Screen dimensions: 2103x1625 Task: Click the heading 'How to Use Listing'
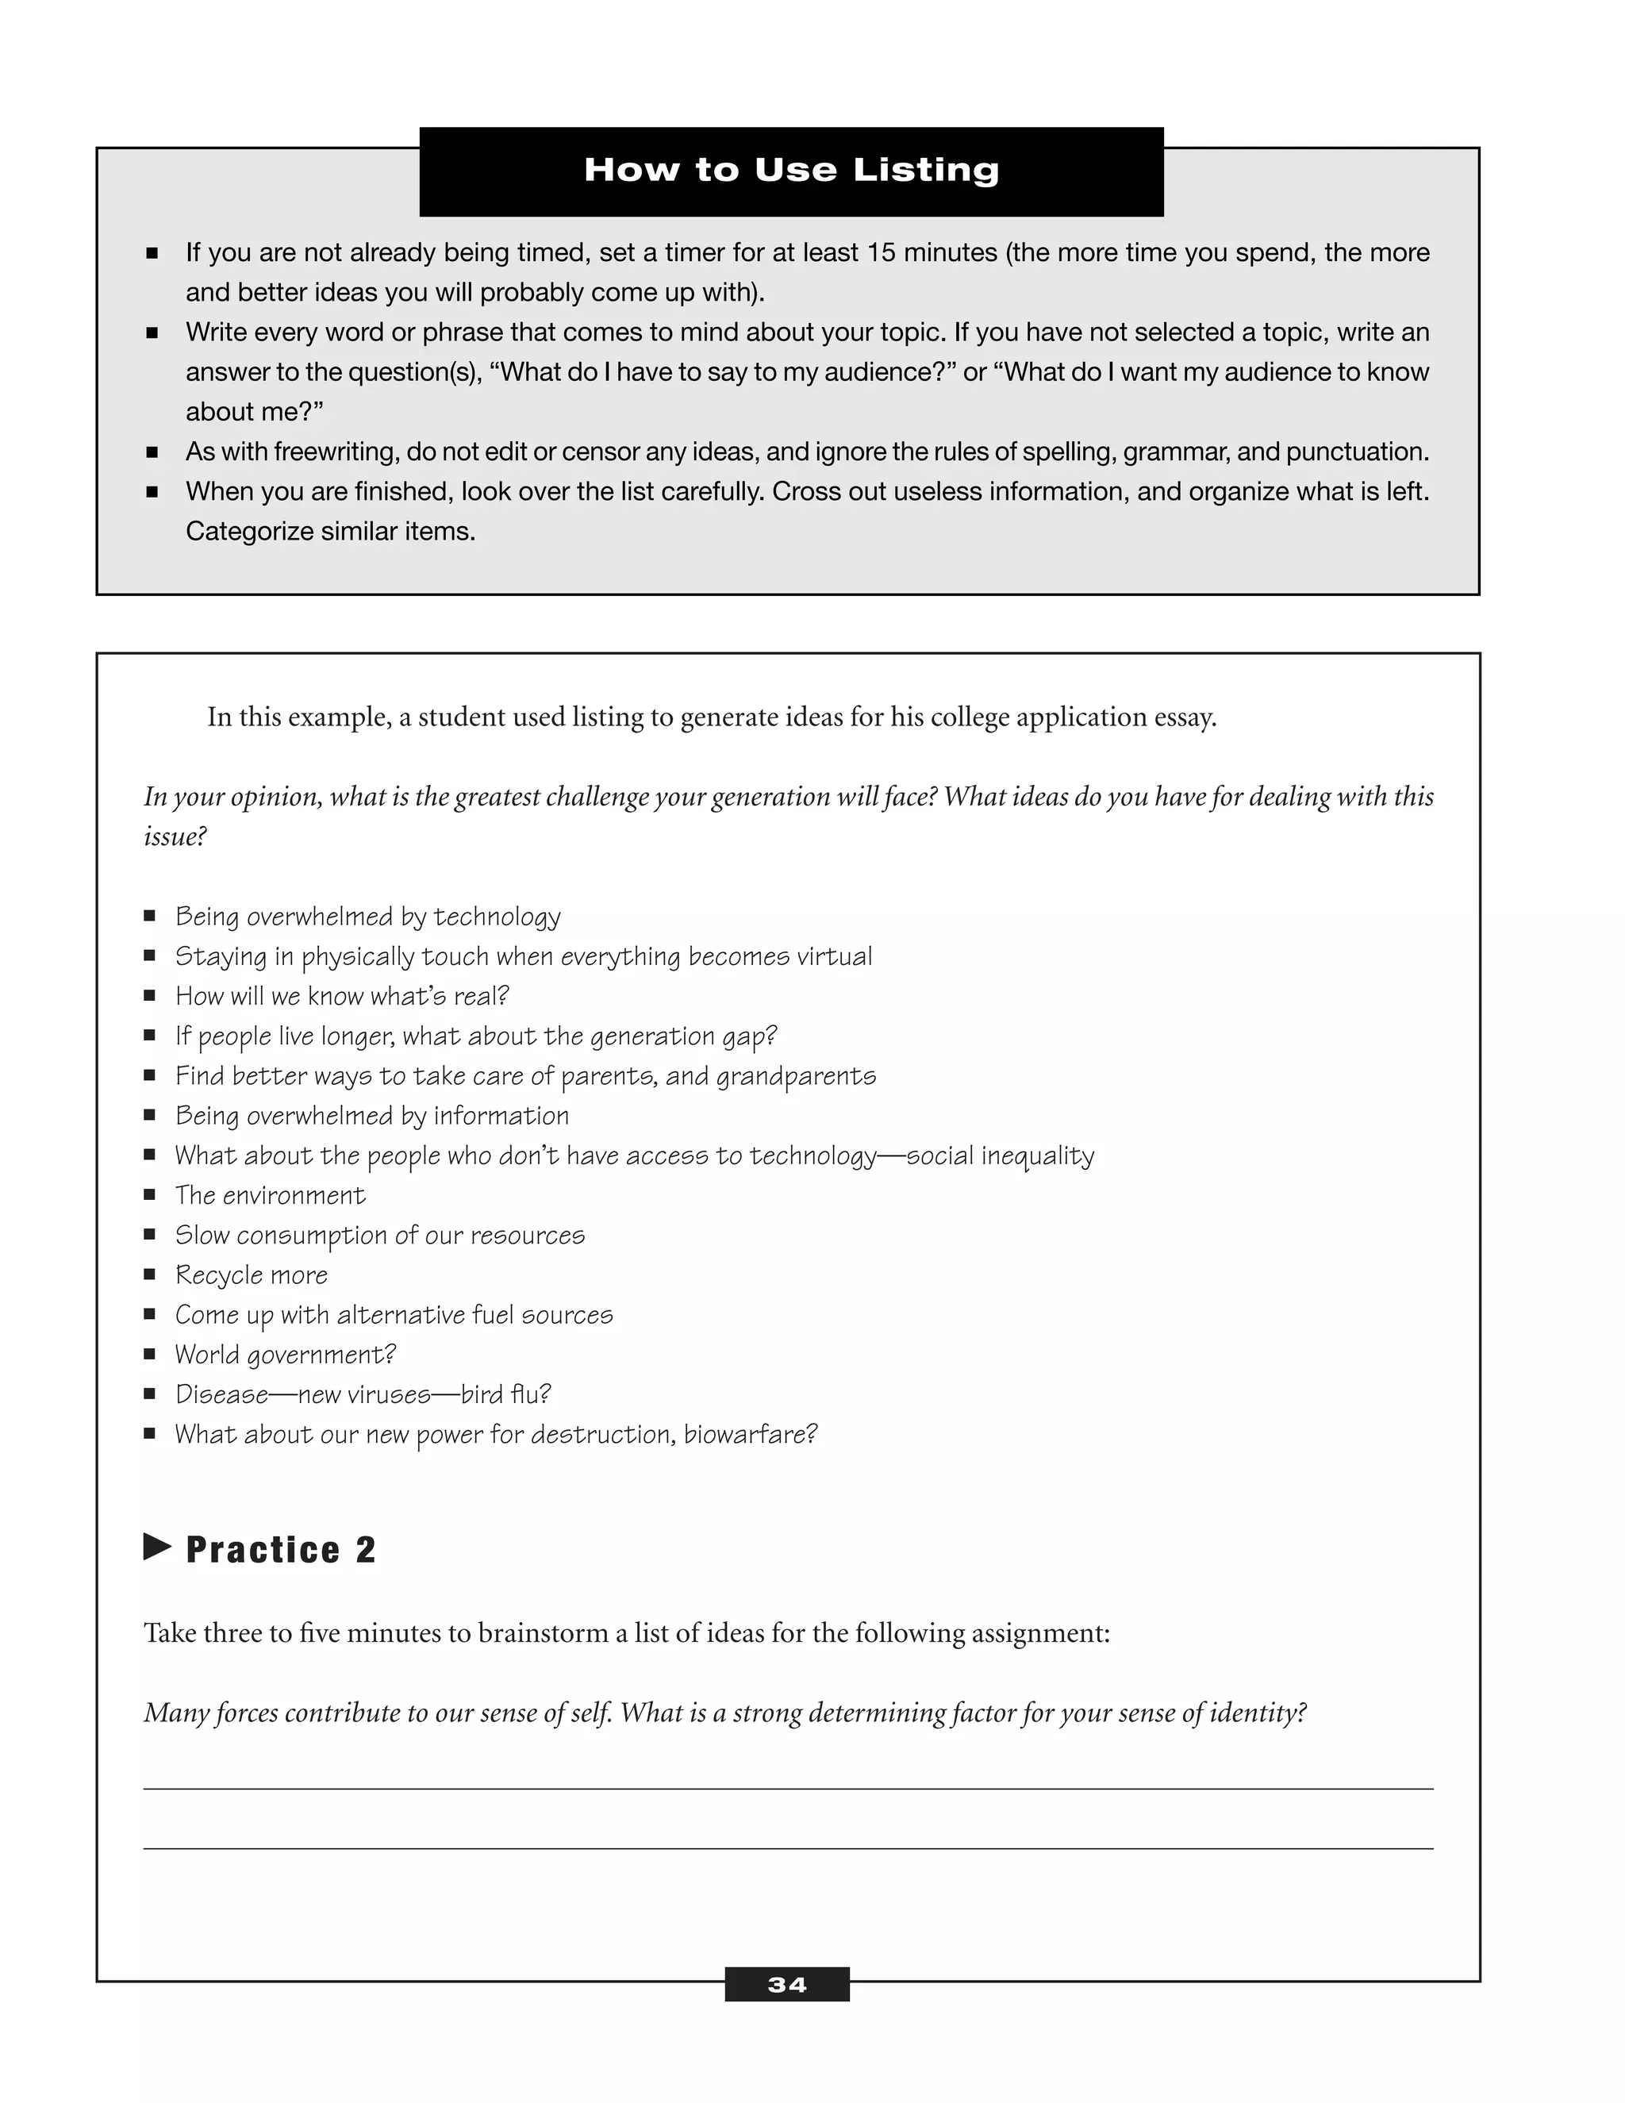point(791,171)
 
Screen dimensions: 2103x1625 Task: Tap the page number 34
point(786,1985)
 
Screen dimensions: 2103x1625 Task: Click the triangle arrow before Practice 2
point(157,1547)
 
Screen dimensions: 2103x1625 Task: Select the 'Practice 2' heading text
point(280,1551)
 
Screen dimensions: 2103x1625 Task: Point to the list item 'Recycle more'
point(252,1275)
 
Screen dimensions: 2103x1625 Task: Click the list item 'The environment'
point(270,1195)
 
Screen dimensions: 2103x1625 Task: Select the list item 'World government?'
point(285,1355)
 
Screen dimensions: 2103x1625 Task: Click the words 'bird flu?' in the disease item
point(505,1394)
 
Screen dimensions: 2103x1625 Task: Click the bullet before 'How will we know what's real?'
point(150,996)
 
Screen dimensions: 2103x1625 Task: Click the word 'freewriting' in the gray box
point(333,452)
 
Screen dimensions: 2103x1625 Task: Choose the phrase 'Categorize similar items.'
point(330,532)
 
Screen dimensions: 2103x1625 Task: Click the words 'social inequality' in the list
point(1001,1155)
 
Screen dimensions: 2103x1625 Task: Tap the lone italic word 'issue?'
point(175,836)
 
